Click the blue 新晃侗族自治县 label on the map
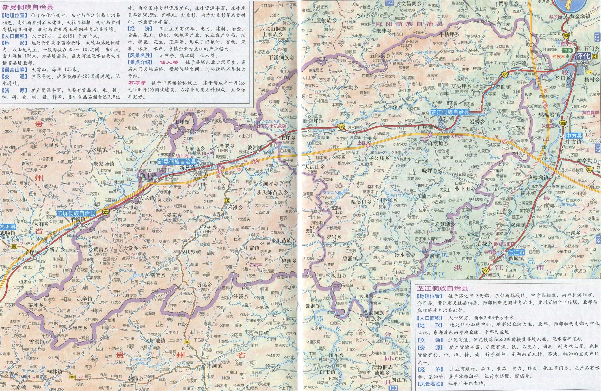(x=177, y=162)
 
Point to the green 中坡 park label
(x=566, y=49)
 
